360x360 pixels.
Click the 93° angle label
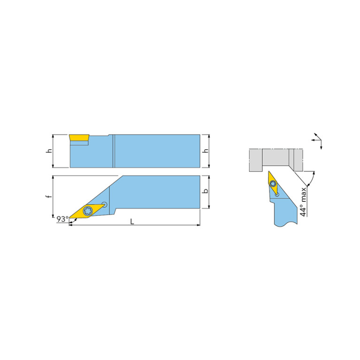click(63, 219)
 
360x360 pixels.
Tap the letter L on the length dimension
click(132, 222)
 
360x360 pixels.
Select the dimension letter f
click(49, 196)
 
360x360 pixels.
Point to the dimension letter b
click(206, 191)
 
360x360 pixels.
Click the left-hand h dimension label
click(49, 151)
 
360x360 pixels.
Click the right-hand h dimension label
click(206, 151)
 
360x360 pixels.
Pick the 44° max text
click(303, 202)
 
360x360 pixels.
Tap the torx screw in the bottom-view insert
click(87, 211)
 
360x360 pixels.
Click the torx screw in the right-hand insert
click(273, 183)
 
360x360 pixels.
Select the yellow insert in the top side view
click(79, 138)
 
